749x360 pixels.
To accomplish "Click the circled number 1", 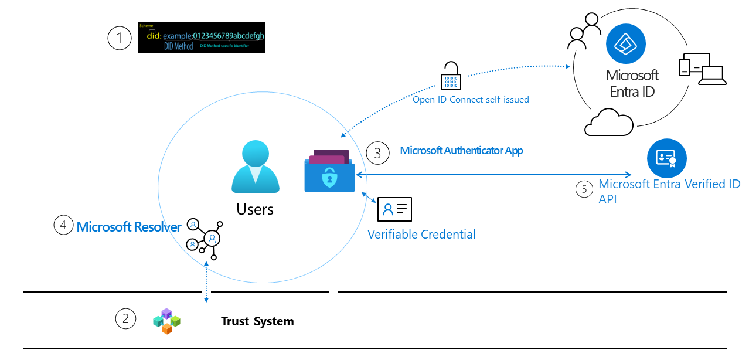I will [120, 39].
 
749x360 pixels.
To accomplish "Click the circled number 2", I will [125, 319].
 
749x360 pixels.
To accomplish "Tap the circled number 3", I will [377, 153].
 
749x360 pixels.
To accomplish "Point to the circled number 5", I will [584, 190].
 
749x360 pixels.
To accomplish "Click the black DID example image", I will [202, 38].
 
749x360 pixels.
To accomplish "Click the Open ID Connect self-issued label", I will [471, 100].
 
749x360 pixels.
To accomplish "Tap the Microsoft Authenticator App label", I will [461, 151].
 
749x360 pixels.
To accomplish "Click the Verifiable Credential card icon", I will [395, 209].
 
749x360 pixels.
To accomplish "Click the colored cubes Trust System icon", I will [166, 321].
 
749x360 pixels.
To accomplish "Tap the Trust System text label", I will [257, 321].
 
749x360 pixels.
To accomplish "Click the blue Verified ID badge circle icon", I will [666, 158].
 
